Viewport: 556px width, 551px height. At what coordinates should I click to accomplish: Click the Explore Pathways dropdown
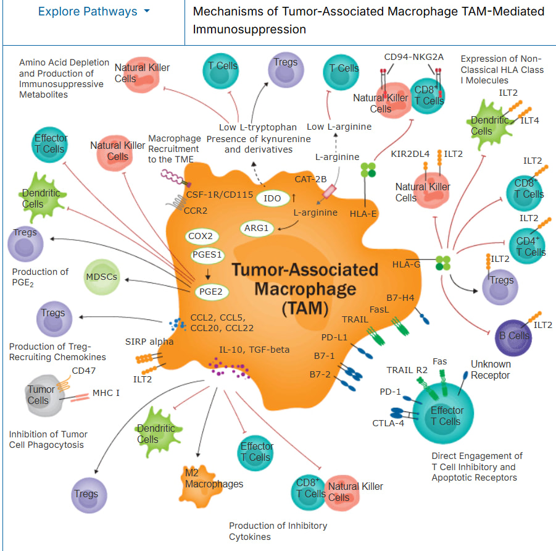point(94,12)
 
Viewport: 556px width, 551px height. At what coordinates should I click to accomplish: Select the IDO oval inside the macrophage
point(272,198)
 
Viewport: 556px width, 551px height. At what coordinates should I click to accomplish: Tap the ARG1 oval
point(257,228)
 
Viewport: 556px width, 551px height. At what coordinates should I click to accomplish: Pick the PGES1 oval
point(207,254)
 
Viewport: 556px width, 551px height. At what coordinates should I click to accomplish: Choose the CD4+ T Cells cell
point(526,246)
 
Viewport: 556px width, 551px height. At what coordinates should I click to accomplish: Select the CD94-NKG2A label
point(413,57)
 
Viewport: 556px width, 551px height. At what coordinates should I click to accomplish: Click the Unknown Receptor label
point(491,369)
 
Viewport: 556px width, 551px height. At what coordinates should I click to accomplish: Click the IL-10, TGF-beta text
point(254,350)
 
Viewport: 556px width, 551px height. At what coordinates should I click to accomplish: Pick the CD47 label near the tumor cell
point(84,371)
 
